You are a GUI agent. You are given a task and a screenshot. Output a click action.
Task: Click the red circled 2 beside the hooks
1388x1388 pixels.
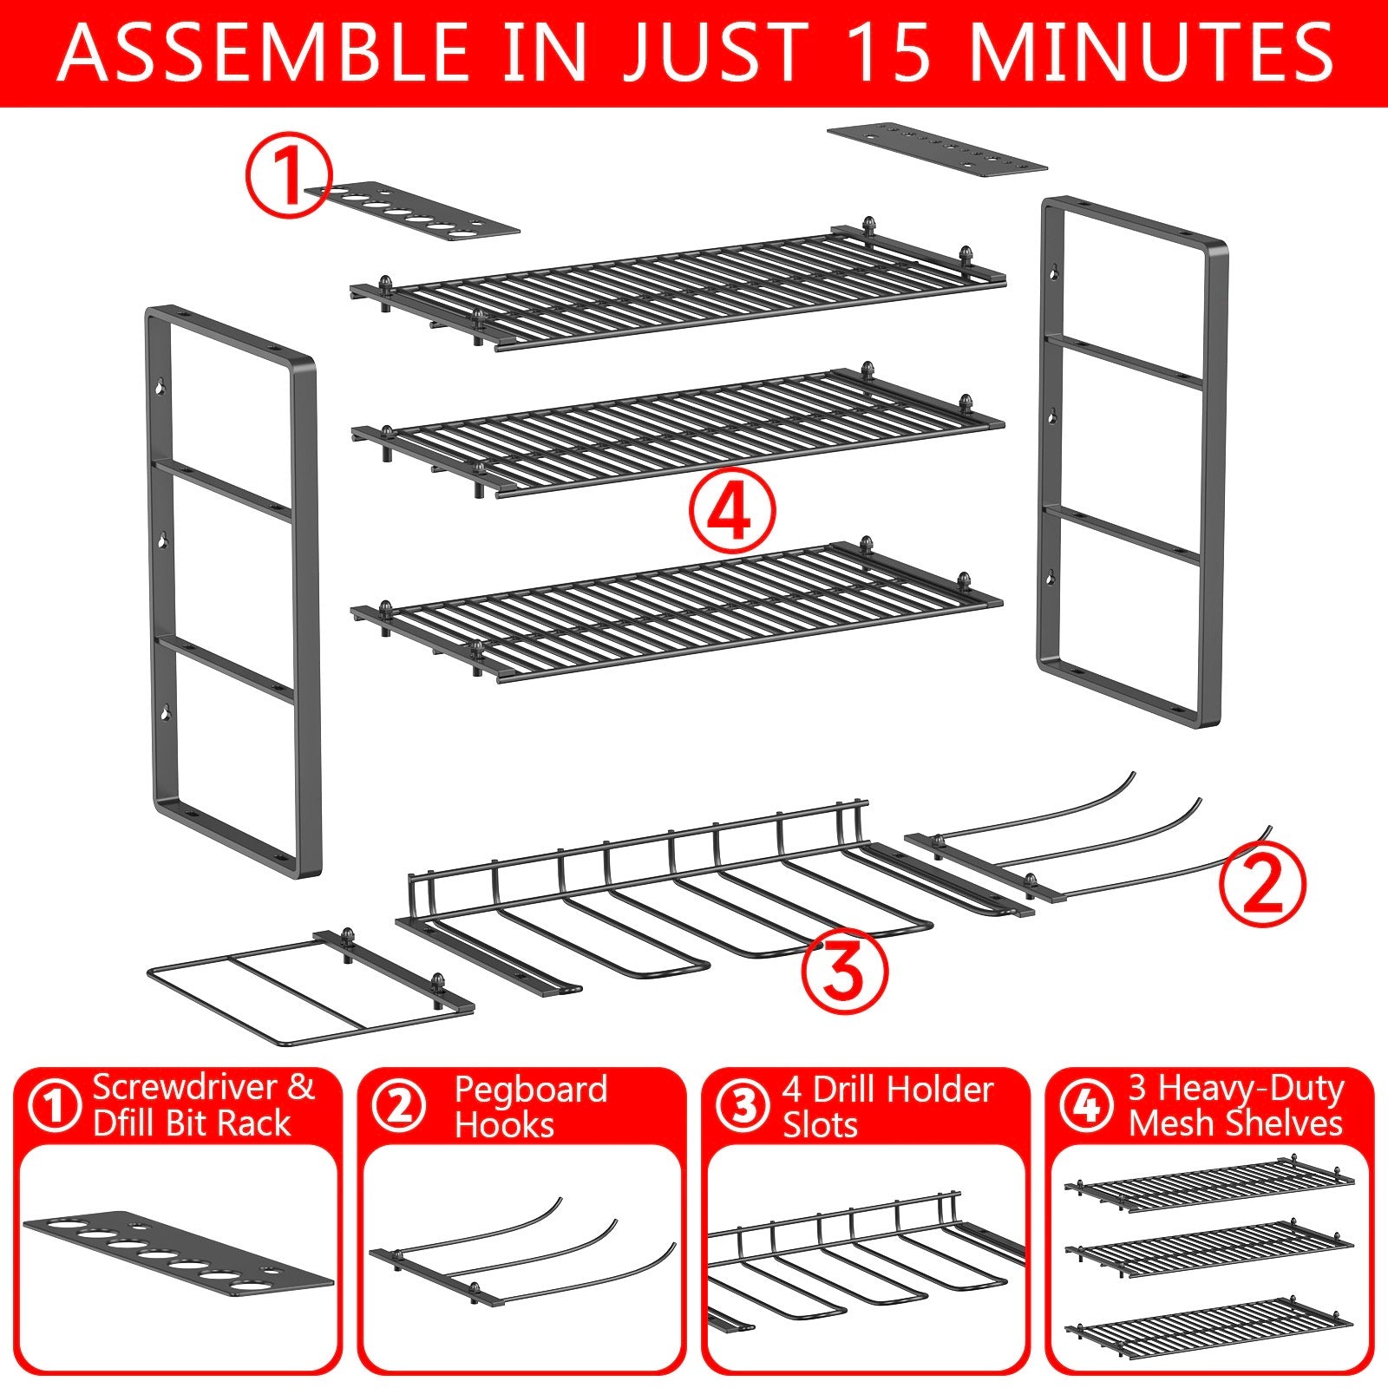pos(1262,884)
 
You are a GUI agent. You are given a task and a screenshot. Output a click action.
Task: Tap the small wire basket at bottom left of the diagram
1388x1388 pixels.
pos(304,989)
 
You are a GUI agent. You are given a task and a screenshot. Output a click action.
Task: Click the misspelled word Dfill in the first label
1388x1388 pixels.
pos(130,1124)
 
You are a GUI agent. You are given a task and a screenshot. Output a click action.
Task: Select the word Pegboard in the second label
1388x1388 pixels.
pos(530,1090)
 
